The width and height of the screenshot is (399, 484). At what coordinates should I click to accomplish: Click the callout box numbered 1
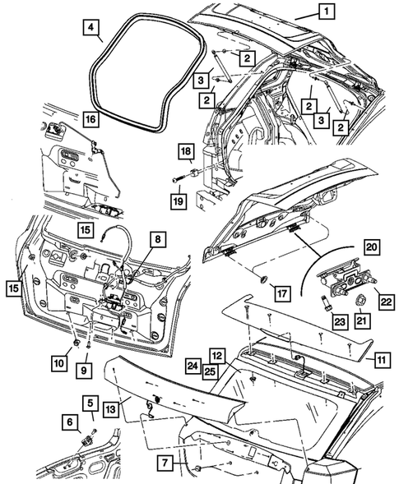coord(326,12)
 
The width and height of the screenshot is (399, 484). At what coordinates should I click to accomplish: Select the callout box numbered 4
coord(90,27)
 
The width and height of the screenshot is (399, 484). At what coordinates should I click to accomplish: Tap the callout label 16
coord(90,119)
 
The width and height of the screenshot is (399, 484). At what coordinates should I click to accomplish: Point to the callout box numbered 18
coord(186,151)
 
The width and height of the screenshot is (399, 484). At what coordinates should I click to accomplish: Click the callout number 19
coord(179,201)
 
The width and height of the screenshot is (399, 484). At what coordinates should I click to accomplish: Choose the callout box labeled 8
coord(158,239)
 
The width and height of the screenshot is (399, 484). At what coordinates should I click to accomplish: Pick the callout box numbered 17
coord(282,293)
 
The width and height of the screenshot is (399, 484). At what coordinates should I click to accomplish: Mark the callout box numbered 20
coord(372,247)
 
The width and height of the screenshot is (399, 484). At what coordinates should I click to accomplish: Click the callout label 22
coord(386,302)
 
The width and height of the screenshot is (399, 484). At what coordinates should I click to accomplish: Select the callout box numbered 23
coord(340,321)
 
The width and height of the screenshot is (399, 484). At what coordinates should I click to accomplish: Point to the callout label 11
coord(382,360)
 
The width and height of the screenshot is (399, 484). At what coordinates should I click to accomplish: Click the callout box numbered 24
coord(193,366)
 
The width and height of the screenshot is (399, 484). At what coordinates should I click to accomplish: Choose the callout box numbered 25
coord(210,371)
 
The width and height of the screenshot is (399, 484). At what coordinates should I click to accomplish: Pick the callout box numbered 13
coord(110,409)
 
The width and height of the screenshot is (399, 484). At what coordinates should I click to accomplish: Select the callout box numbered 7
coord(165,463)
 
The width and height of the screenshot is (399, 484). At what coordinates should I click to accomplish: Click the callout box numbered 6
coord(70,422)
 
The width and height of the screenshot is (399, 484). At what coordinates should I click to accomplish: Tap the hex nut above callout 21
coord(360,299)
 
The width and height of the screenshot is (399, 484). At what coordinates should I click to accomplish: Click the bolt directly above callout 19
coord(178,179)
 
